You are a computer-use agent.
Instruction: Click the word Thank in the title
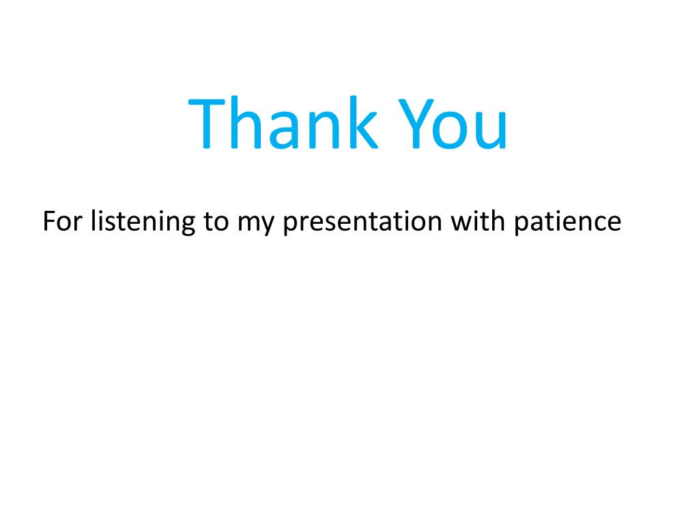[x=283, y=122]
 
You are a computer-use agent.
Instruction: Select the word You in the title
[x=453, y=123]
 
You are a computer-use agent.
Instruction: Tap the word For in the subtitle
[x=62, y=220]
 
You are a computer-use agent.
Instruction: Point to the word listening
[x=143, y=222]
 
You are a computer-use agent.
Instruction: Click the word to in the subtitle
[x=216, y=222]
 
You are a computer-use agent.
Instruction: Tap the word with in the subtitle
[x=479, y=220]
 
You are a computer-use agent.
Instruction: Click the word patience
[x=568, y=222]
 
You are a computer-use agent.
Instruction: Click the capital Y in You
[x=416, y=123]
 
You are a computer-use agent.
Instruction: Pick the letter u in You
[x=491, y=130]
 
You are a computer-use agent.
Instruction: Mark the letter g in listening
[x=186, y=224]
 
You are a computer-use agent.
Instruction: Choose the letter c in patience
[x=595, y=223]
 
